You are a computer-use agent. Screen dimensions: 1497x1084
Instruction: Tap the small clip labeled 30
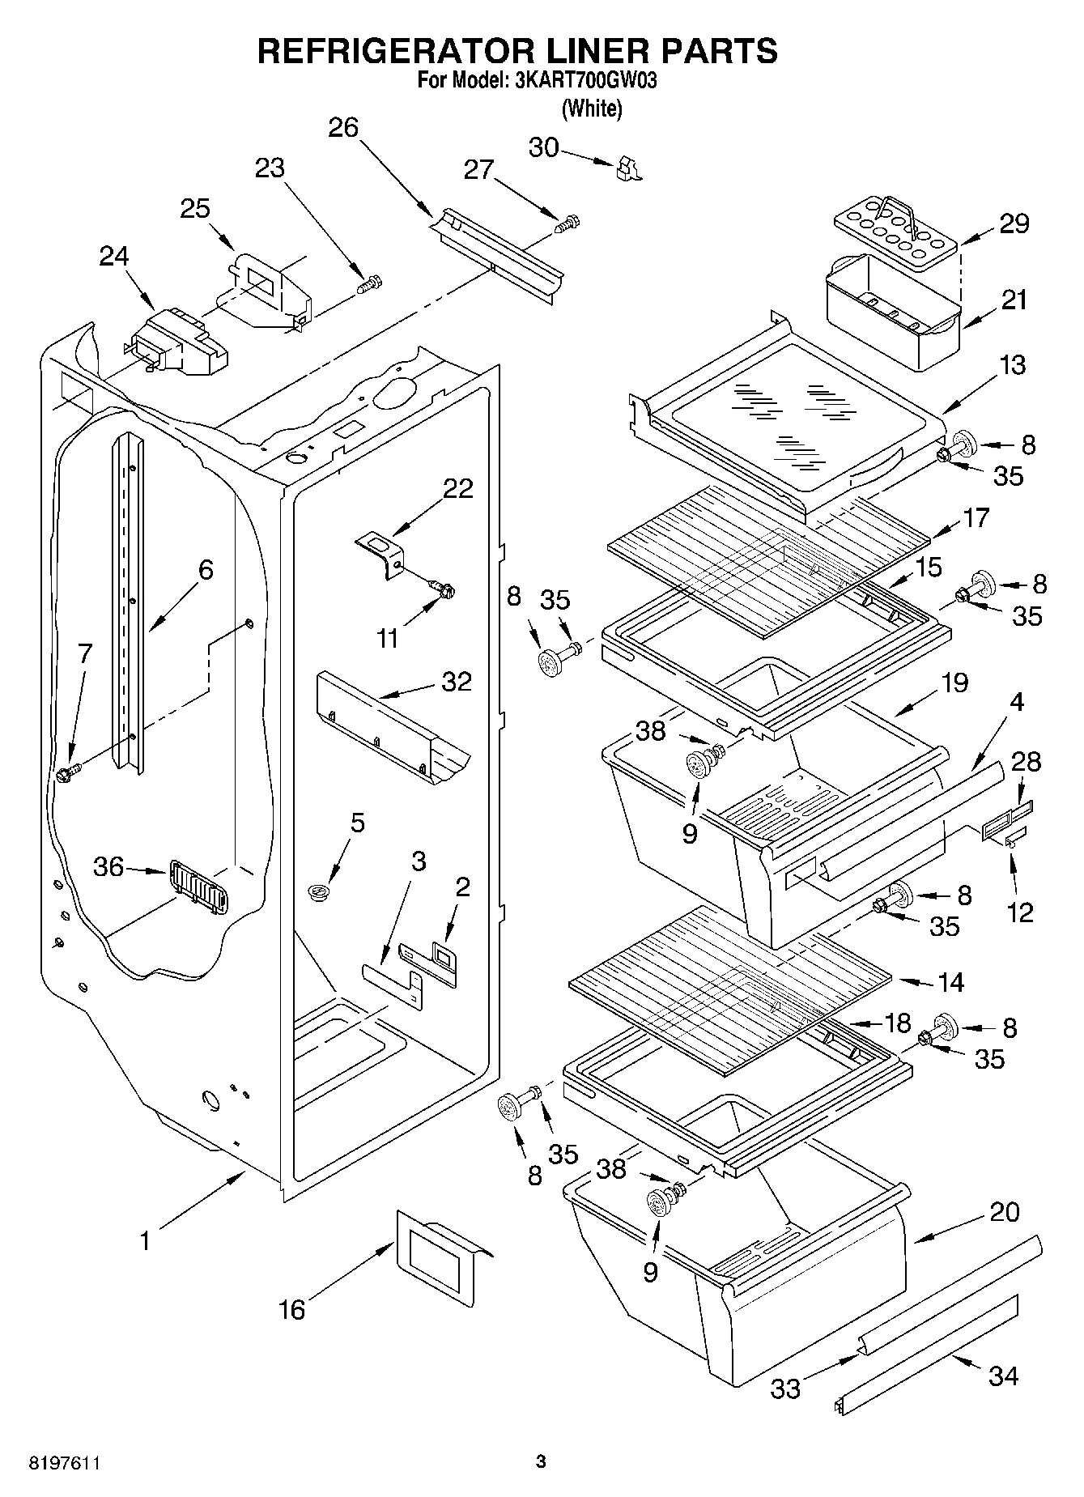pos(627,168)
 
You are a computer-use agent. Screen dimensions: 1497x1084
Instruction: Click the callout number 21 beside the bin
pos(1013,299)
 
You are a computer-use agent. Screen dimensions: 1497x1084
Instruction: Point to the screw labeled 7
pos(67,772)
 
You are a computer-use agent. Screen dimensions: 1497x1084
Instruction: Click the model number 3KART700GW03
pos(580,81)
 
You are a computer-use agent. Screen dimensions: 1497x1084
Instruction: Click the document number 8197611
pos(65,1463)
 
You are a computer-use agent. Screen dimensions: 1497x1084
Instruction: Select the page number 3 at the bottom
pos(541,1461)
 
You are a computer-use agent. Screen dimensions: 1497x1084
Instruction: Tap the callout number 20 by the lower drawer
pos(1004,1211)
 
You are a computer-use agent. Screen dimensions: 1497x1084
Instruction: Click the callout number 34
pos(1003,1374)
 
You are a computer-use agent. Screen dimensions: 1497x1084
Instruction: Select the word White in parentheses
pos(593,108)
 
